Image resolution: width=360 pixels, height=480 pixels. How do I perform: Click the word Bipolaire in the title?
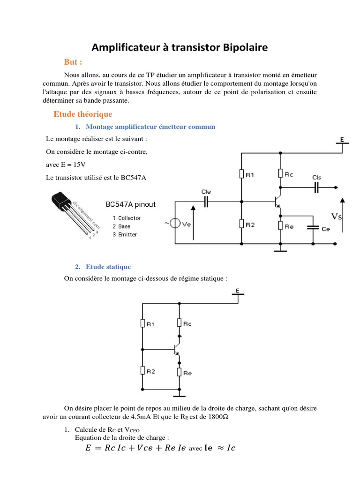[x=245, y=48]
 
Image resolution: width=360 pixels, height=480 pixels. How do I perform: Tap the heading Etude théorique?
[x=83, y=114]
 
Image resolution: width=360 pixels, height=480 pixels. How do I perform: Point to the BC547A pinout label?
[x=131, y=205]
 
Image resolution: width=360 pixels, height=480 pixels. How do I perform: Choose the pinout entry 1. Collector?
[x=127, y=218]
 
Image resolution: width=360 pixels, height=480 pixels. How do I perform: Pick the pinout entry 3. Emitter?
[x=125, y=234]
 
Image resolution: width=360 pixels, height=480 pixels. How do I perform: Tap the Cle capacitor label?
[x=206, y=192]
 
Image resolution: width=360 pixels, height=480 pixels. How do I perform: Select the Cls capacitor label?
[x=317, y=177]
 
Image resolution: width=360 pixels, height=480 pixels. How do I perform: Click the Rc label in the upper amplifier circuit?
[x=289, y=174]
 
